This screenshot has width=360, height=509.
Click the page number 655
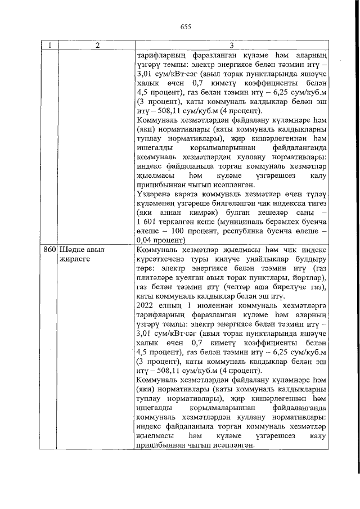186,26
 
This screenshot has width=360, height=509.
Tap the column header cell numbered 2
97,46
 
